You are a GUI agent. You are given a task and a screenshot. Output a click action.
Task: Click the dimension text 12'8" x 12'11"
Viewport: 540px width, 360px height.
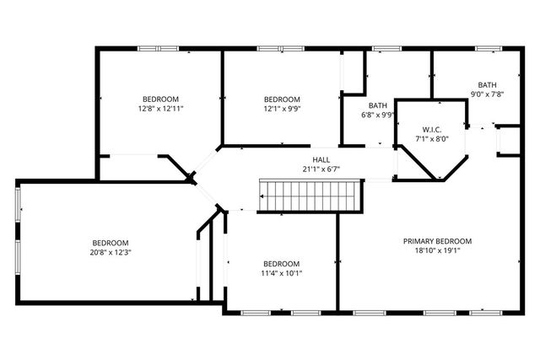tap(160, 109)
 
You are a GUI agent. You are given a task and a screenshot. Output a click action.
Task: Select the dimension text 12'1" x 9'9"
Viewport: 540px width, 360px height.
tap(281, 109)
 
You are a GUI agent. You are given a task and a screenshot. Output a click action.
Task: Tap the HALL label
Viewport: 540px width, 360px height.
tap(321, 159)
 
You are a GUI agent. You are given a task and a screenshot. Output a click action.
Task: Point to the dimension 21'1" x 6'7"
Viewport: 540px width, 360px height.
tap(321, 169)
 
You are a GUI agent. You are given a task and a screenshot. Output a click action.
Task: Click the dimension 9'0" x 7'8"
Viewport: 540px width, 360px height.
tap(487, 94)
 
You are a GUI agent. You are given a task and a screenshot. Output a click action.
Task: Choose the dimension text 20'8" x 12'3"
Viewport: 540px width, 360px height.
tap(111, 252)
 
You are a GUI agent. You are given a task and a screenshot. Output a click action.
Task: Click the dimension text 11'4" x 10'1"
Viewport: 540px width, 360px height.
tap(281, 272)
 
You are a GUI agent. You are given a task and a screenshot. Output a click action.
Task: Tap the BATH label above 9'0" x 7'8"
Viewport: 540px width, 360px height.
tap(487, 84)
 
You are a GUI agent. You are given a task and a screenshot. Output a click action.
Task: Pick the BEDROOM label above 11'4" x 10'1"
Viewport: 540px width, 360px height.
tap(281, 263)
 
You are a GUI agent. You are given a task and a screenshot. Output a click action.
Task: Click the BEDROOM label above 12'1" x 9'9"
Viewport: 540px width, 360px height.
tap(281, 99)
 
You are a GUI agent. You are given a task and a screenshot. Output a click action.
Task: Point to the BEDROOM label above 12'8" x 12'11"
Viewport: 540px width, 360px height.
tap(160, 99)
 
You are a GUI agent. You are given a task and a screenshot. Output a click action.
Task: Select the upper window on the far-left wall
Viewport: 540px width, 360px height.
tap(18, 204)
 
